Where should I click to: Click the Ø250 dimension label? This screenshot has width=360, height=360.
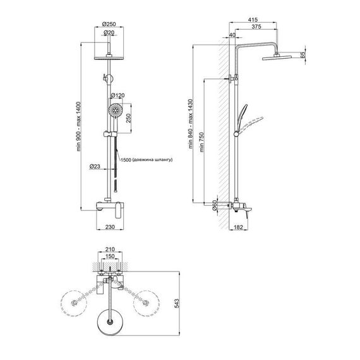coord(109,24)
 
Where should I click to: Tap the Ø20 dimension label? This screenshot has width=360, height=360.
coord(109,33)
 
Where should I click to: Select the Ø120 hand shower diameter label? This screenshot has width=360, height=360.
coord(117,95)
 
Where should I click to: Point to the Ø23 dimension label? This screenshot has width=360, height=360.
coord(95,166)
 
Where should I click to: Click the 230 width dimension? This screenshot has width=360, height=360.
coord(110,227)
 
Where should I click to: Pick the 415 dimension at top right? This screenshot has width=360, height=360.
coord(253,20)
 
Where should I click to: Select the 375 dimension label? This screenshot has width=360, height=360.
coord(256,27)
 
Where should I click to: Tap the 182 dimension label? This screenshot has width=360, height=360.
coord(238,227)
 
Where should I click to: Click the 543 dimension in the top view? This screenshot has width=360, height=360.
coord(177,303)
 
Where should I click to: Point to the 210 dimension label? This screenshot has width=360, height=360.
coord(110,249)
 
